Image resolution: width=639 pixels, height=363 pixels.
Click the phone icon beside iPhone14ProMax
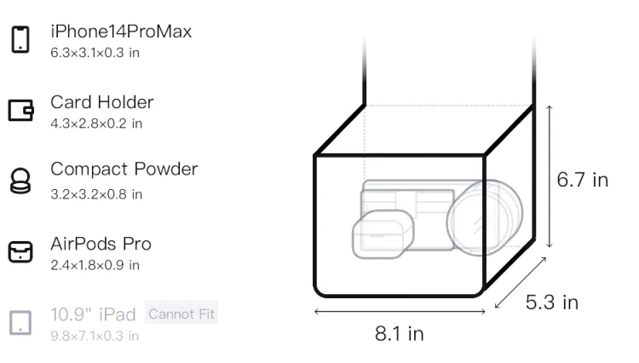(20, 39)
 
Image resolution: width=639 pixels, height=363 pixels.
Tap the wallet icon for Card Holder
(20, 110)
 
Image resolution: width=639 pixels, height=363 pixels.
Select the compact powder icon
(20, 181)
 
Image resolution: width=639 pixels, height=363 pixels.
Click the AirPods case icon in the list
(20, 251)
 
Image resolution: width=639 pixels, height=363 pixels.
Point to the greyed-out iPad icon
(20, 323)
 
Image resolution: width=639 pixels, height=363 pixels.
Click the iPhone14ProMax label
(121, 32)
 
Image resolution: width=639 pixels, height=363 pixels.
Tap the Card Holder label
(102, 102)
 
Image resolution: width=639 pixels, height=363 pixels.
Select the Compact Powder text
(124, 170)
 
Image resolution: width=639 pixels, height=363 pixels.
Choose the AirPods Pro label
(101, 244)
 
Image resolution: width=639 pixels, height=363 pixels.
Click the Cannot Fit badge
(181, 314)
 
